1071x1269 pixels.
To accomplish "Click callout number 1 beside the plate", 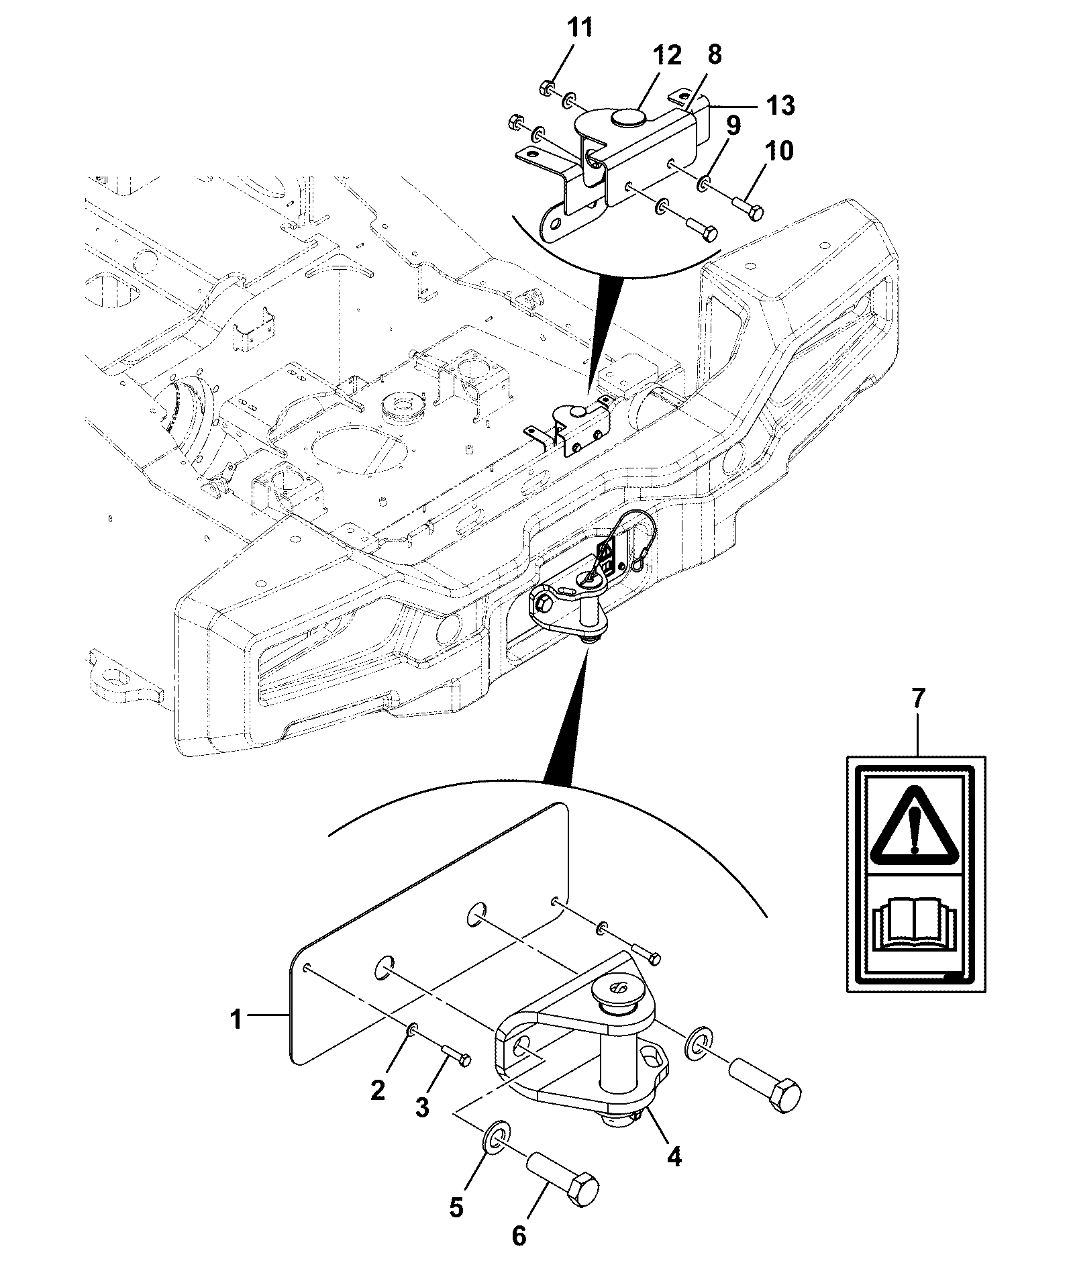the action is pyautogui.click(x=235, y=1039).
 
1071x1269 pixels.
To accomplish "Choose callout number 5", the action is pyautogui.click(x=456, y=1207).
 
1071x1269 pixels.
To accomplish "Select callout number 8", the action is pyautogui.click(x=714, y=55).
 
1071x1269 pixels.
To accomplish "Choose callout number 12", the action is pyautogui.click(x=664, y=55).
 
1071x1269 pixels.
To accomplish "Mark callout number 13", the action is pyautogui.click(x=778, y=105).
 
